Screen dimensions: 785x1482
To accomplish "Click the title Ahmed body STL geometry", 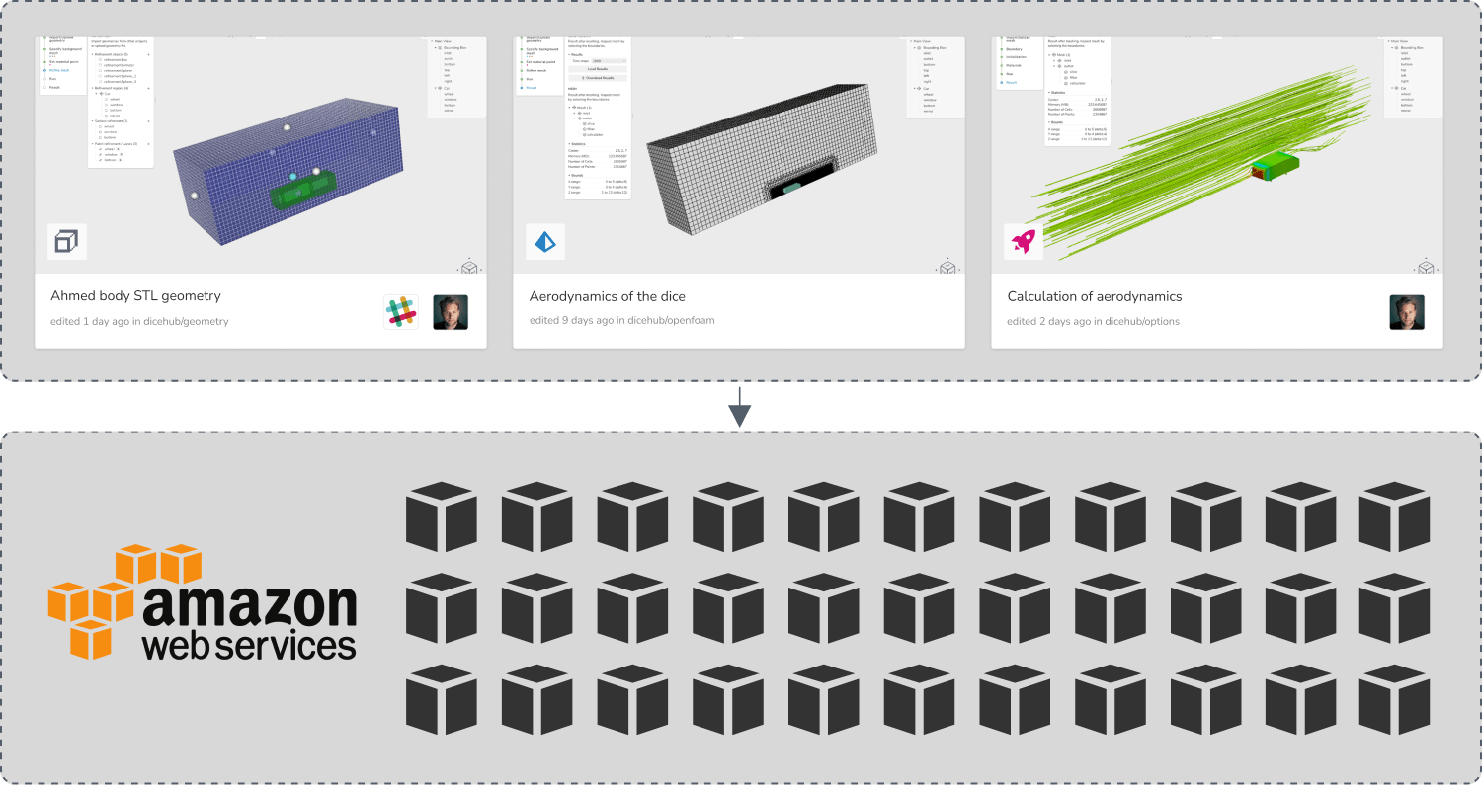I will point(135,296).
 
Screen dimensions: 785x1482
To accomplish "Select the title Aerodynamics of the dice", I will point(607,296).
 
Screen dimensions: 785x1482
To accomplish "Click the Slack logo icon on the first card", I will point(401,312).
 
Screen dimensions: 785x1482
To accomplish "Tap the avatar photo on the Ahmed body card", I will point(451,312).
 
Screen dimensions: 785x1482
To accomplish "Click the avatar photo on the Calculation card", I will point(1407,312).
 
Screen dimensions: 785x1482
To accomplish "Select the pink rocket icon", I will point(1024,241).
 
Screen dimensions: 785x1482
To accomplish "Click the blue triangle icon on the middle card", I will point(545,241).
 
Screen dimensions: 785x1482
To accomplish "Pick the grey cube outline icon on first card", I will point(67,241).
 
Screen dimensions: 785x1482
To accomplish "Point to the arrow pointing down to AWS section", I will point(740,407).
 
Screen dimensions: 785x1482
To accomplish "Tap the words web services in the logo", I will point(249,646).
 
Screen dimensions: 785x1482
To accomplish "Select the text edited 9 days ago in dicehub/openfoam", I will point(621,321).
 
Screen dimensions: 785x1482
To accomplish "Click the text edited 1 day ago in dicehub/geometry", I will point(139,321).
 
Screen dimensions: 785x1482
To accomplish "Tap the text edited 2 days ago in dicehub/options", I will point(1093,321).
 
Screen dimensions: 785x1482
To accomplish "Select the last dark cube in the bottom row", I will point(1394,700).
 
